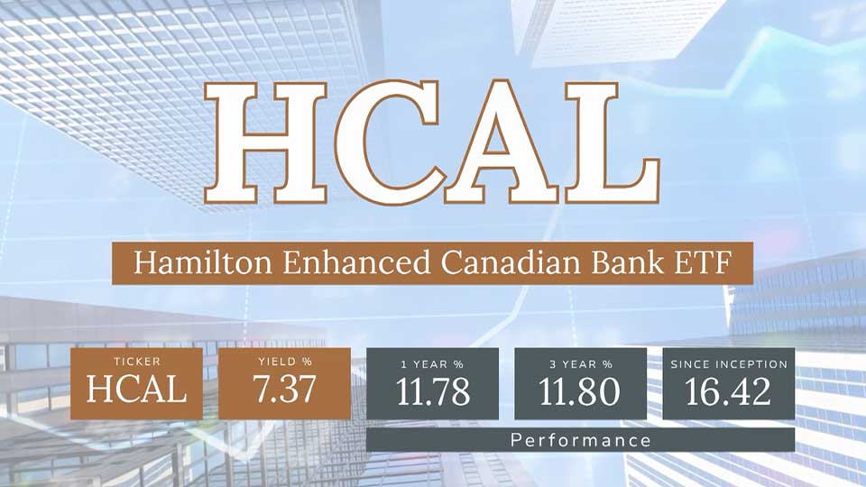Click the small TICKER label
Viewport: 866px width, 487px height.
click(136, 363)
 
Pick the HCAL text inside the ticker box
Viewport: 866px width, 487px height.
click(136, 390)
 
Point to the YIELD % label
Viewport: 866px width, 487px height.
click(284, 363)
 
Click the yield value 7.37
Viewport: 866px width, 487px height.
click(284, 390)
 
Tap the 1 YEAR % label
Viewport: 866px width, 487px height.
click(432, 363)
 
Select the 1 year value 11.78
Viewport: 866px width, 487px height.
click(432, 391)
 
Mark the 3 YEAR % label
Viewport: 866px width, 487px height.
click(580, 363)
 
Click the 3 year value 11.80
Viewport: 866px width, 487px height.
click(580, 391)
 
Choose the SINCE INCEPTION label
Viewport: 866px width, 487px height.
click(729, 363)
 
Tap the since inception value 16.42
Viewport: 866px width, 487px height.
click(729, 391)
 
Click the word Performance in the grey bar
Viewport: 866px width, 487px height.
click(580, 440)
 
